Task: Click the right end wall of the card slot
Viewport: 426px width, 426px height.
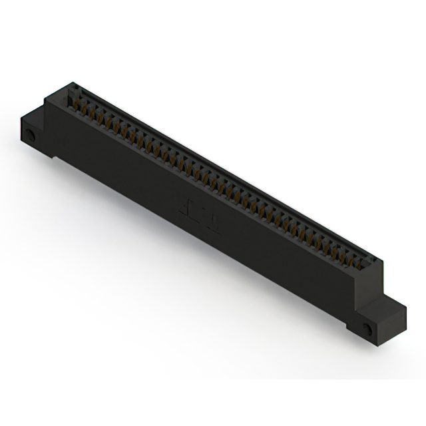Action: tap(369, 266)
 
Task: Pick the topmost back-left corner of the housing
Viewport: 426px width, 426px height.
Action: tap(71, 83)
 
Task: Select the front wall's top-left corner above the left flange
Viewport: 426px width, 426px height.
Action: tap(45, 100)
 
